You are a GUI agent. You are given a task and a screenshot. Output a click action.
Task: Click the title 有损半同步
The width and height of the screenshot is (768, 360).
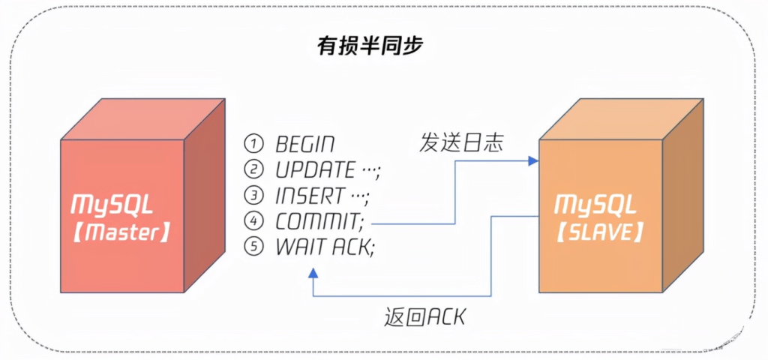(370, 46)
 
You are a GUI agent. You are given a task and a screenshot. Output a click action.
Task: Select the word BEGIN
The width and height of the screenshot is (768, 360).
(305, 144)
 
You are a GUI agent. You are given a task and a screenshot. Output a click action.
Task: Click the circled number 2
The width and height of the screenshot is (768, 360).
(254, 169)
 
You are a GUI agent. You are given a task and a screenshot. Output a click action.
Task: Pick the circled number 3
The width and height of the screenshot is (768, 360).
(254, 195)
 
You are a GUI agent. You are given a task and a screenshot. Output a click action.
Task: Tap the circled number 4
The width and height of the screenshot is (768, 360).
(254, 221)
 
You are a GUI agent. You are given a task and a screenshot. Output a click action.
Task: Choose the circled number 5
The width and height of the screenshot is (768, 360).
(254, 247)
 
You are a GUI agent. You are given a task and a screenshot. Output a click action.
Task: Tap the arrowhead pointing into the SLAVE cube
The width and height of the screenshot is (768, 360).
(533, 160)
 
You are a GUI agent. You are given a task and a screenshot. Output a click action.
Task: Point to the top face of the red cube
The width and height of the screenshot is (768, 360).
(142, 119)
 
